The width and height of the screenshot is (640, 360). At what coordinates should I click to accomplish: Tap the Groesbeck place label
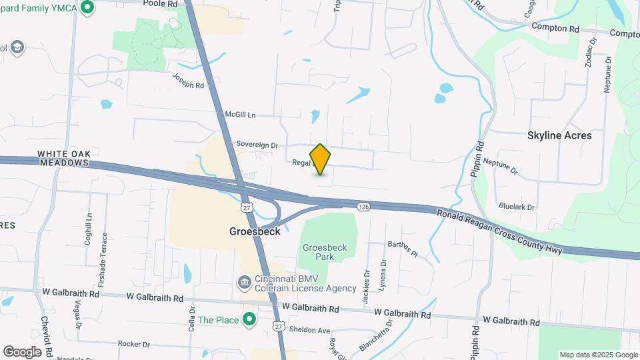pyautogui.click(x=254, y=232)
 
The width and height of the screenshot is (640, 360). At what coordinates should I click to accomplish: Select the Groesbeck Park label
pyautogui.click(x=325, y=252)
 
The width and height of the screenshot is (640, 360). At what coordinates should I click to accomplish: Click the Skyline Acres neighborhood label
pyautogui.click(x=559, y=135)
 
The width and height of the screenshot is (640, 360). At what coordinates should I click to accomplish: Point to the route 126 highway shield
pyautogui.click(x=363, y=207)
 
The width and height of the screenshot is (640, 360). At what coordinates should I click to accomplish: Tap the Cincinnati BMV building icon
pyautogui.click(x=245, y=283)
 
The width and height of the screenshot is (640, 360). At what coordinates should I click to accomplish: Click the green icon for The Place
pyautogui.click(x=249, y=320)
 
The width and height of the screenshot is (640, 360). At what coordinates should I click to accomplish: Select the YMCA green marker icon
pyautogui.click(x=87, y=8)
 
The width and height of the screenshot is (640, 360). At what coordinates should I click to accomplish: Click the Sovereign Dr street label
pyautogui.click(x=257, y=145)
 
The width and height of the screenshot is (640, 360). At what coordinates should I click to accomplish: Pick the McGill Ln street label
pyautogui.click(x=240, y=115)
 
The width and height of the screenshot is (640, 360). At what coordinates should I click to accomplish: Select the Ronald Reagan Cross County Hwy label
pyautogui.click(x=500, y=232)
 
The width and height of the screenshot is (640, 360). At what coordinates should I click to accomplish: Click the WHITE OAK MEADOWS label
pyautogui.click(x=63, y=158)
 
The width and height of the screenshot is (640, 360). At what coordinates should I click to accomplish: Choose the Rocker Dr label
pyautogui.click(x=133, y=344)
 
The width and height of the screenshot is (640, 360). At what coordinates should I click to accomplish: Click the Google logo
pyautogui.click(x=22, y=351)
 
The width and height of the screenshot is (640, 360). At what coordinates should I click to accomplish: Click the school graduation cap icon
pyautogui.click(x=16, y=47)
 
